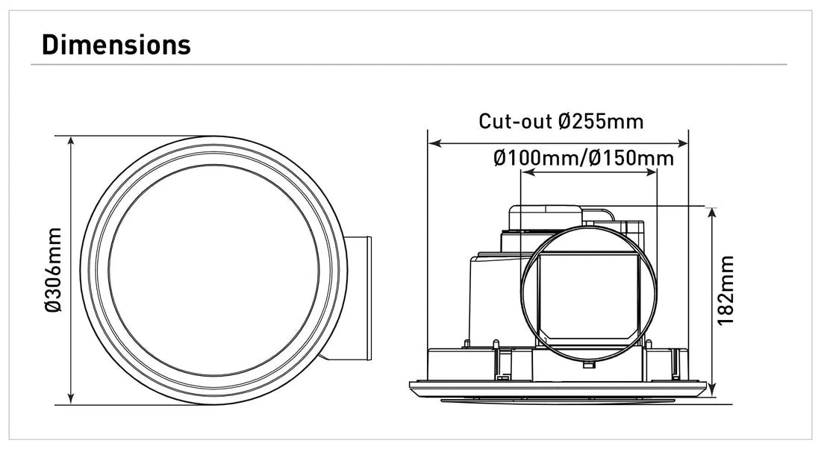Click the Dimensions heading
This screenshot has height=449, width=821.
point(116,45)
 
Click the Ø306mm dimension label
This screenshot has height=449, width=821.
point(53,270)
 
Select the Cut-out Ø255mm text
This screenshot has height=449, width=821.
point(561,121)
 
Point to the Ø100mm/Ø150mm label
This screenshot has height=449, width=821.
point(583,158)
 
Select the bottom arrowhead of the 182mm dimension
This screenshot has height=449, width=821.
point(712,392)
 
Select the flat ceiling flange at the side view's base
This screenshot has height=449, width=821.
point(558,389)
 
